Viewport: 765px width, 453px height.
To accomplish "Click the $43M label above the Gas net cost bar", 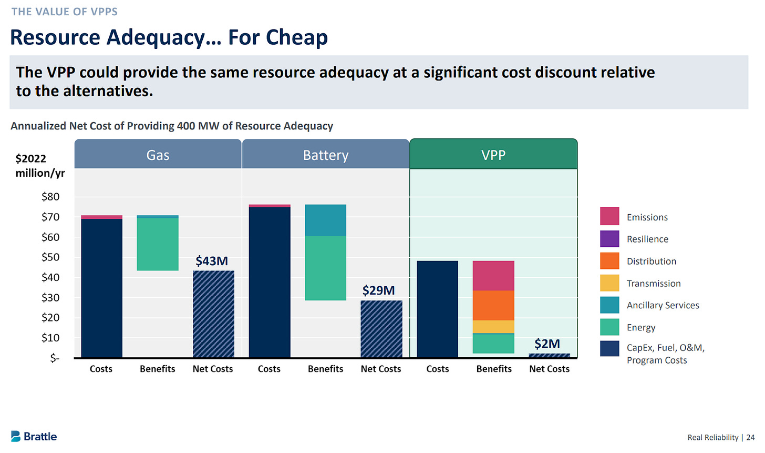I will (212, 261).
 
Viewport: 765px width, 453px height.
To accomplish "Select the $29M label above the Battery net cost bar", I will (378, 290).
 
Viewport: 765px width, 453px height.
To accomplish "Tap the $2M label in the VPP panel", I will (547, 344).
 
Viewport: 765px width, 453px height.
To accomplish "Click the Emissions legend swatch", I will (609, 216).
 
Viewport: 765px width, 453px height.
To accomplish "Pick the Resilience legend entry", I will (647, 239).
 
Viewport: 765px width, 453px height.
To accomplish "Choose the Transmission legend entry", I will (653, 283).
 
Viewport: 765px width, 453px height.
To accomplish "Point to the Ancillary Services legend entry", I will (663, 305).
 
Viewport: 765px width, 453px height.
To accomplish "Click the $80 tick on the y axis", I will (50, 197).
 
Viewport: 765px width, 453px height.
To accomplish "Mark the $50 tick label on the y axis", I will (50, 257).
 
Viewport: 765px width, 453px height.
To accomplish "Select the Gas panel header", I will (158, 155).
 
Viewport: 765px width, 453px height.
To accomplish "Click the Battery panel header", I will (325, 155).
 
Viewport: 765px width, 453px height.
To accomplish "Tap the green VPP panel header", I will (493, 155).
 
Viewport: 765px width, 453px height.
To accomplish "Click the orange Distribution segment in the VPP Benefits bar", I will (493, 305).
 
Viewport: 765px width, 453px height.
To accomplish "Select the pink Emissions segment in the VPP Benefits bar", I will (493, 276).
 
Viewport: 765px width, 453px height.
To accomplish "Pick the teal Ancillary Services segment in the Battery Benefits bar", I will (325, 220).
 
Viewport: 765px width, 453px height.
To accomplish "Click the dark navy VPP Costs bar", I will (437, 309).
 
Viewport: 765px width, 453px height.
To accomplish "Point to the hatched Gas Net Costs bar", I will (213, 314).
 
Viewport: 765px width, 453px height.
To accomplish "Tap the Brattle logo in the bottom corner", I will (34, 436).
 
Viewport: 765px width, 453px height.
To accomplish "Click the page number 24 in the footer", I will (750, 437).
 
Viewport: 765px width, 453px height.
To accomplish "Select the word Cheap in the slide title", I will (297, 37).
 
